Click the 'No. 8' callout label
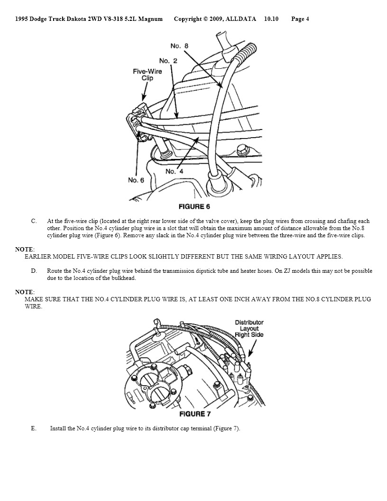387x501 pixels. click(179, 46)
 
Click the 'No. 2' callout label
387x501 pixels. click(168, 61)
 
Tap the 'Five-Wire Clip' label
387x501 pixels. click(147, 74)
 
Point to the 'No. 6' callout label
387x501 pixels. click(136, 180)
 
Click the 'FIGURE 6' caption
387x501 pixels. click(194, 206)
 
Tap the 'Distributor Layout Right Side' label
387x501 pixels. click(249, 328)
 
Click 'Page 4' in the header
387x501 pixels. click(300, 19)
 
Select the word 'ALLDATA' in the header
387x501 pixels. click(241, 19)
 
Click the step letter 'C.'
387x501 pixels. click(34, 221)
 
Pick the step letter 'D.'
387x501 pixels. click(34, 271)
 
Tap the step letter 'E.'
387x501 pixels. click(34, 428)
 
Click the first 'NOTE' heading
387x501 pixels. click(24, 250)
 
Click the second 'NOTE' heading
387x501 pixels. click(24, 292)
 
